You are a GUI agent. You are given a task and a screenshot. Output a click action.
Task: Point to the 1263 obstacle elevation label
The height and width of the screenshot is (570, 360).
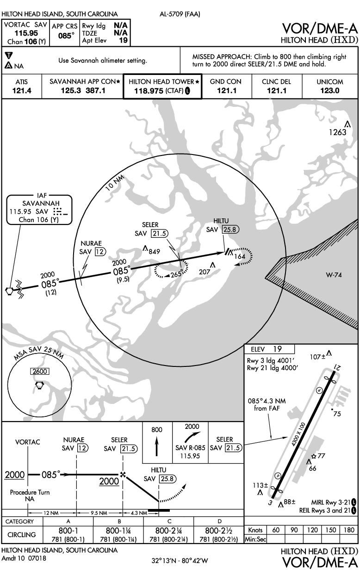(x=337, y=132)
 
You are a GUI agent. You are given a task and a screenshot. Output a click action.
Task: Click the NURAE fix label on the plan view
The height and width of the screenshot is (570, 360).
(x=91, y=243)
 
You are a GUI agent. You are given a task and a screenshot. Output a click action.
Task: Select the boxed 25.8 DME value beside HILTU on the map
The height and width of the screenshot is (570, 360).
(x=231, y=229)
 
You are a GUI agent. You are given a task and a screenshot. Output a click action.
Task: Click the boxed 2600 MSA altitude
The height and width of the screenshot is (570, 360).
(x=40, y=371)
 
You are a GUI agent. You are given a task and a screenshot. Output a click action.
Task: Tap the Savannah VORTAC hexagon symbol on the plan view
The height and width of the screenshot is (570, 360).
(x=9, y=291)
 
